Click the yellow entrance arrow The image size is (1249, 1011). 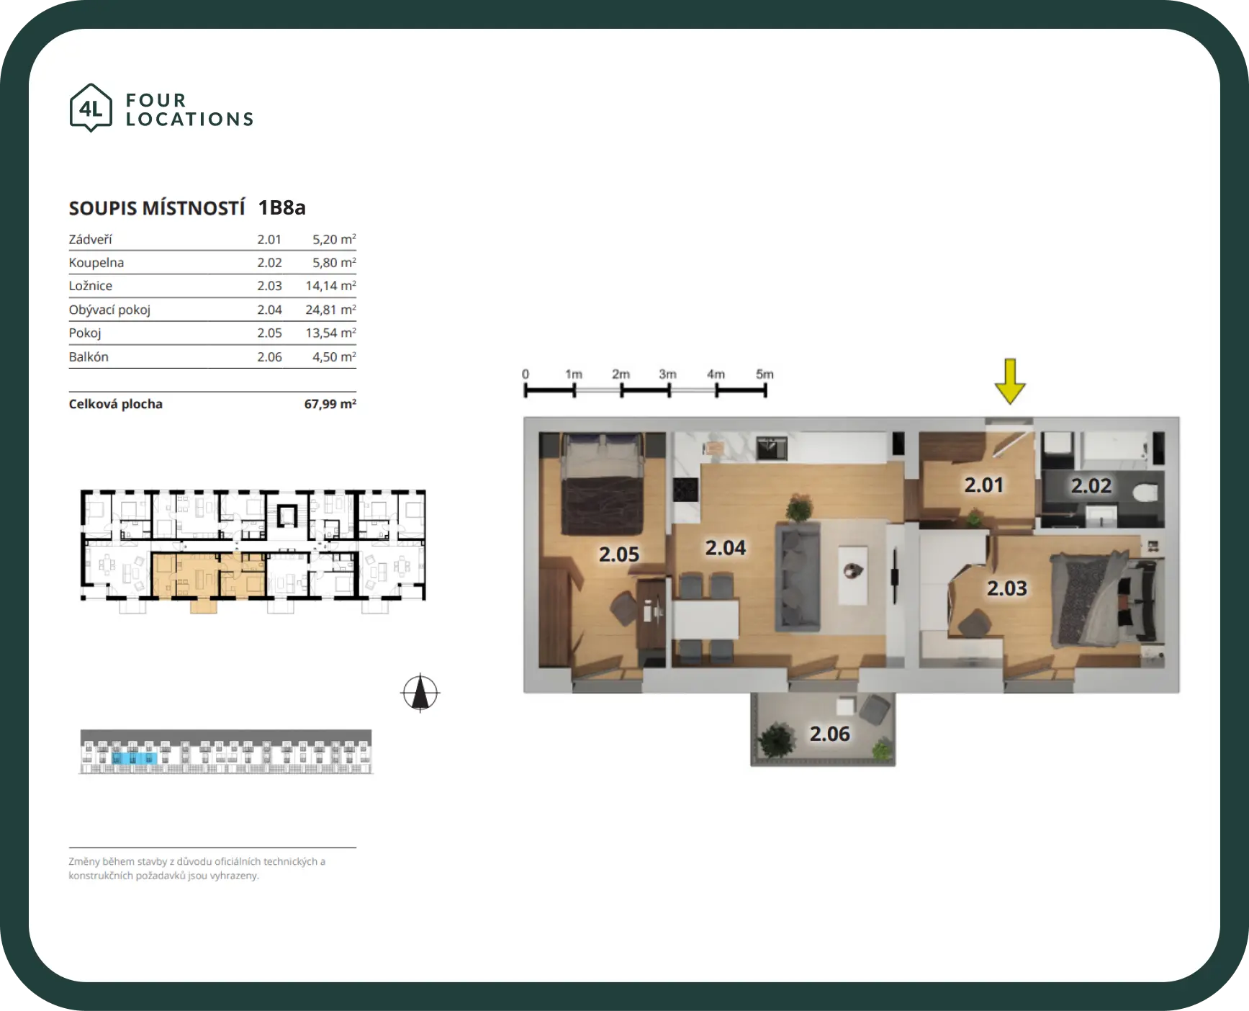pyautogui.click(x=1010, y=381)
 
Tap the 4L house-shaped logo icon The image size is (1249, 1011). pyautogui.click(x=91, y=108)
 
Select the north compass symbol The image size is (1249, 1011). pyautogui.click(x=420, y=693)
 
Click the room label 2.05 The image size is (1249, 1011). pyautogui.click(x=619, y=554)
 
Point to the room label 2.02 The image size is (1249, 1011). pyautogui.click(x=1091, y=486)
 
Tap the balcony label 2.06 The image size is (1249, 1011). pyautogui.click(x=829, y=734)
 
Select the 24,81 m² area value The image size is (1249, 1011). pyautogui.click(x=330, y=310)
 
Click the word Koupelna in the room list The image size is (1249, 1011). pyautogui.click(x=96, y=263)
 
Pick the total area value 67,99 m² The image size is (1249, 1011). pyautogui.click(x=330, y=404)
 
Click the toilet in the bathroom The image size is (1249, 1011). pyautogui.click(x=1145, y=493)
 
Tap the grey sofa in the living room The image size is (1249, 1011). pyautogui.click(x=798, y=577)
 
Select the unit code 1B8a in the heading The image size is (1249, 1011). pyautogui.click(x=282, y=208)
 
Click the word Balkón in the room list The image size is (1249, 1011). pyautogui.click(x=89, y=357)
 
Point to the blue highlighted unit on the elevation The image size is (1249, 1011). pyautogui.click(x=135, y=758)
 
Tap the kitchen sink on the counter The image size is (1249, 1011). pyautogui.click(x=771, y=448)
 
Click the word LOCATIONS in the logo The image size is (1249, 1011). pyautogui.click(x=190, y=120)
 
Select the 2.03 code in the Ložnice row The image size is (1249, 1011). pyautogui.click(x=270, y=286)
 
